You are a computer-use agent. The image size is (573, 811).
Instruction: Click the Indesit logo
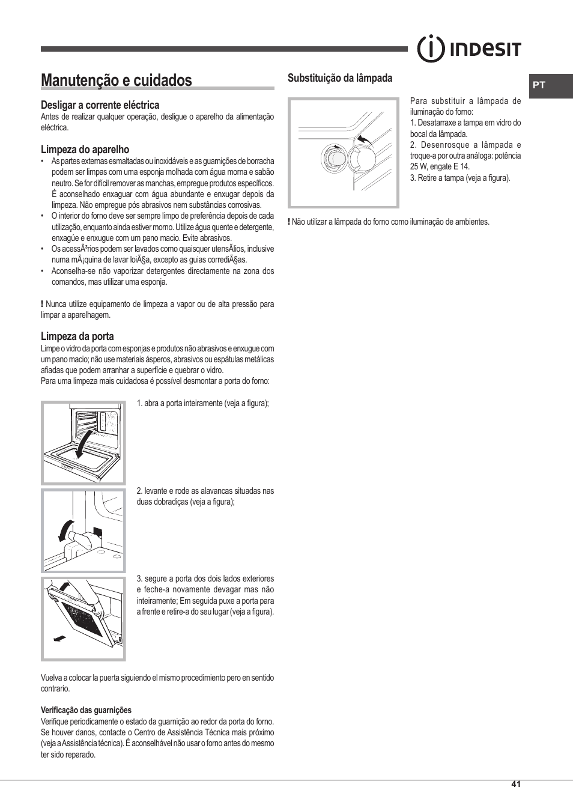(x=469, y=49)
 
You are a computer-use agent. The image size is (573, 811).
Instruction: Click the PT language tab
(x=539, y=85)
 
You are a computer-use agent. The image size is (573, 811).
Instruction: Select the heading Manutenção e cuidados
(x=117, y=80)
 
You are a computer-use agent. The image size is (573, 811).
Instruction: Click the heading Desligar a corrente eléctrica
(x=100, y=105)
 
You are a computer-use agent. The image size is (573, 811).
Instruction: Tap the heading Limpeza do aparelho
(x=85, y=150)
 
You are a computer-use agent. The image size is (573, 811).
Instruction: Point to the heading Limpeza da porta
(x=77, y=336)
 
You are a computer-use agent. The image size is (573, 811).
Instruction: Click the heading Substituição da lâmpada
(x=339, y=78)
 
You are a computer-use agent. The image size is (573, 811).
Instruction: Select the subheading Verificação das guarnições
(x=86, y=710)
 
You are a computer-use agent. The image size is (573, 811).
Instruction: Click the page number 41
(x=516, y=784)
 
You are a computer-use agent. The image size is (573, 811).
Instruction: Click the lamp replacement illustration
(x=343, y=153)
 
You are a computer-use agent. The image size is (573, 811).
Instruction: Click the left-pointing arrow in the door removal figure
(x=59, y=639)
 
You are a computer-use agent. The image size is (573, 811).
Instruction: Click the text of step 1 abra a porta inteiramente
(x=202, y=403)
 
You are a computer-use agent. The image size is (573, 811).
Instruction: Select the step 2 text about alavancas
(x=205, y=496)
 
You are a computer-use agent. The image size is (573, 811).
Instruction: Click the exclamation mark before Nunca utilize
(x=42, y=304)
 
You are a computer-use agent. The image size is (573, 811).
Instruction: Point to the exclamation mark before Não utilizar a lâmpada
(x=289, y=222)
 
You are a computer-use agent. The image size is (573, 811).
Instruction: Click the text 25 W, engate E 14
(x=440, y=167)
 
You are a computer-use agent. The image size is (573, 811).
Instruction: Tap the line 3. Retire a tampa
(x=459, y=178)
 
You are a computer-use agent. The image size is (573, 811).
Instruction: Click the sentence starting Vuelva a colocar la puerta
(x=157, y=683)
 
